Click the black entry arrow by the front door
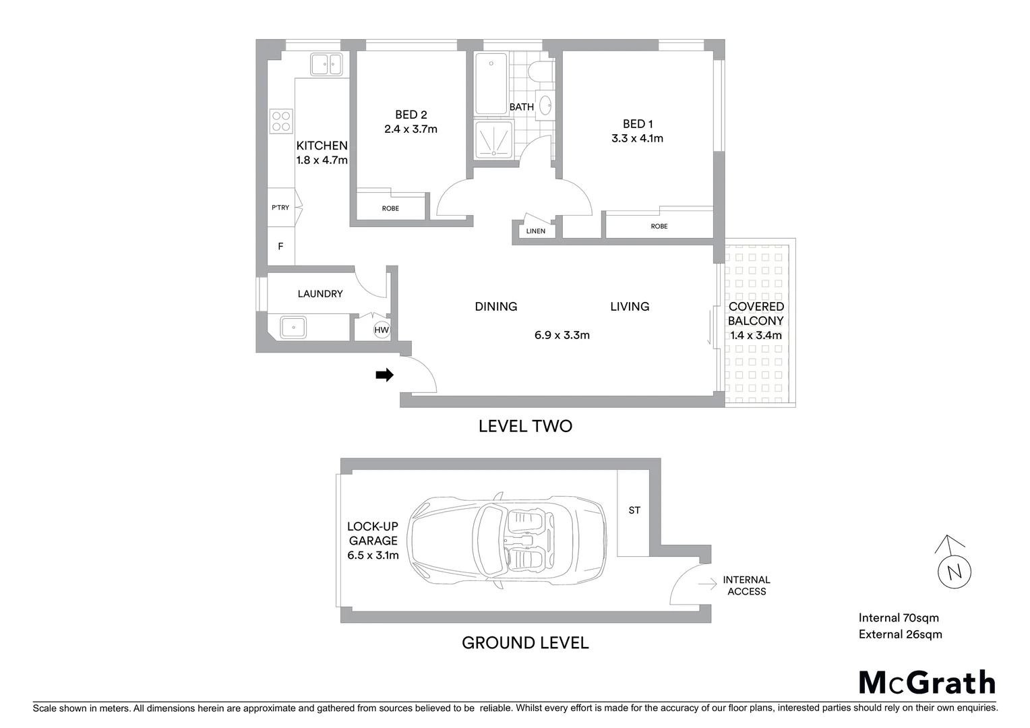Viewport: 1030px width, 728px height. tap(384, 375)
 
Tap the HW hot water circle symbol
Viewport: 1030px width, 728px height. tap(382, 330)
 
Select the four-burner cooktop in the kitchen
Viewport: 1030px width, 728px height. tap(281, 121)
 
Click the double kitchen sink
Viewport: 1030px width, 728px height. tap(327, 65)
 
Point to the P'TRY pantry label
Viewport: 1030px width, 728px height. tap(280, 208)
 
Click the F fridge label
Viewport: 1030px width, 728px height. tap(280, 247)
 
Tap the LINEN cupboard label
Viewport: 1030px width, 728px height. tap(536, 231)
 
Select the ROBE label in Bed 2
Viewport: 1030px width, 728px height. tap(390, 208)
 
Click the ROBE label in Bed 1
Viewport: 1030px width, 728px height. tap(659, 226)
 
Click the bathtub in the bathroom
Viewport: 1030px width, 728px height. tap(491, 84)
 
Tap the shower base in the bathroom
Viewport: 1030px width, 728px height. tap(493, 140)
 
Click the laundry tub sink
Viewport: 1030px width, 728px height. tap(293, 328)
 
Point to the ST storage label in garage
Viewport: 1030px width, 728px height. tap(634, 510)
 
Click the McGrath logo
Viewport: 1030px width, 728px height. tap(927, 683)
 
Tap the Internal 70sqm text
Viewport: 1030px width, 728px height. tap(899, 617)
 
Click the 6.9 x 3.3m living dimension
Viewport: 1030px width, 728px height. tap(562, 335)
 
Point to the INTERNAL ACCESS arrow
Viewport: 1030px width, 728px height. tap(707, 585)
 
